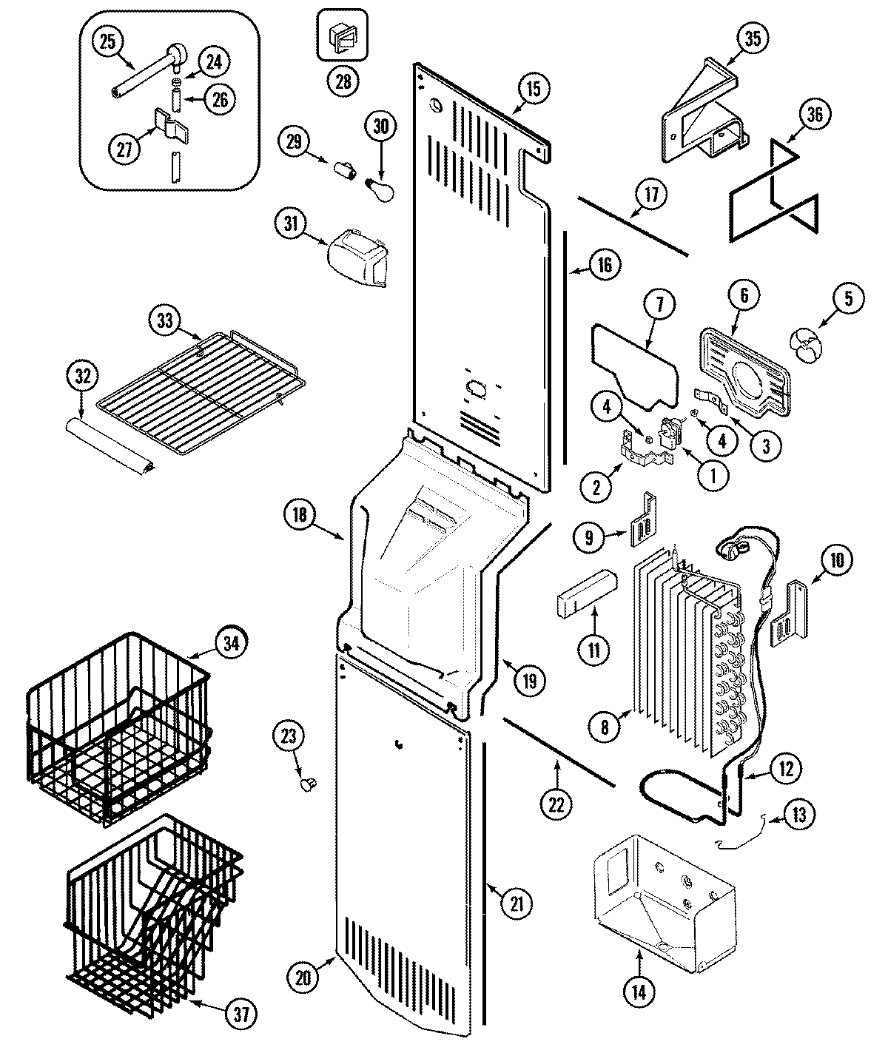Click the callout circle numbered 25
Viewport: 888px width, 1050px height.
pyautogui.click(x=108, y=41)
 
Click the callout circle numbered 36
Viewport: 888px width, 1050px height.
pyautogui.click(x=815, y=115)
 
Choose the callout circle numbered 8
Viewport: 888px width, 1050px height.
pyautogui.click(x=604, y=727)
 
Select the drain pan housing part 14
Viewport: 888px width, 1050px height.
pyautogui.click(x=662, y=895)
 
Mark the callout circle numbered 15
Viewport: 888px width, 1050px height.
pyautogui.click(x=534, y=89)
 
